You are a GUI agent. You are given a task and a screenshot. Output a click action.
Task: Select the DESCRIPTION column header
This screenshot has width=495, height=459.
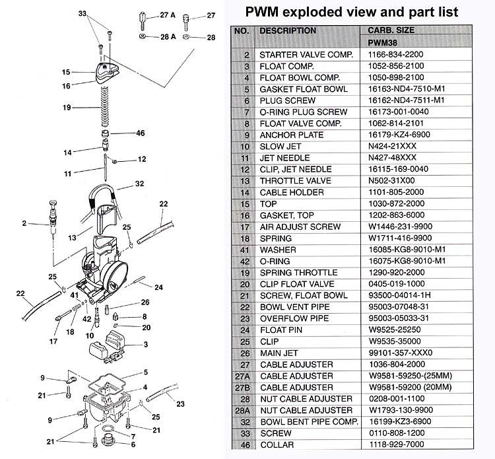[x=288, y=30]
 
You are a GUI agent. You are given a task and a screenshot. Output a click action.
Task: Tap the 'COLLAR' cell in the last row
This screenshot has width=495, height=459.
[x=278, y=444]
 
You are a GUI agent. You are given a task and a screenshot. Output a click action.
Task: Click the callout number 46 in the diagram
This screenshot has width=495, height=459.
[x=140, y=133]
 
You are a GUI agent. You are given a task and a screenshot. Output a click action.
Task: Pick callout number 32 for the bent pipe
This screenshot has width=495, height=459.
[x=139, y=184]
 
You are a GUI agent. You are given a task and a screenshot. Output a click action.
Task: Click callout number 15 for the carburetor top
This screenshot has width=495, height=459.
[x=66, y=72]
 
